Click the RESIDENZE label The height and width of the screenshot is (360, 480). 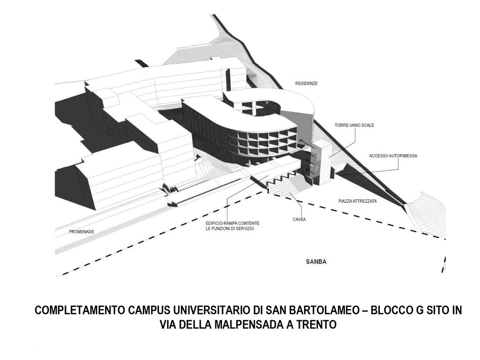pos(306,83)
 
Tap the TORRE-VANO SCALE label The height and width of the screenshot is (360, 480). pos(354,125)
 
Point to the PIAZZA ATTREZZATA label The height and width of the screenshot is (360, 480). pos(358,201)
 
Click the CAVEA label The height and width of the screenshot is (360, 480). pos(299,219)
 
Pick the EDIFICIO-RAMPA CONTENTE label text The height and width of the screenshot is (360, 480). pos(233,223)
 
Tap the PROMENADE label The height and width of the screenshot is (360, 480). pos(81,232)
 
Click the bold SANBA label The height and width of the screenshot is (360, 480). pos(316,262)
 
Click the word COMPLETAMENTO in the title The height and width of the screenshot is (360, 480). pos(80,310)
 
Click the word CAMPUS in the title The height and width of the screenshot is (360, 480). pos(149,310)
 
